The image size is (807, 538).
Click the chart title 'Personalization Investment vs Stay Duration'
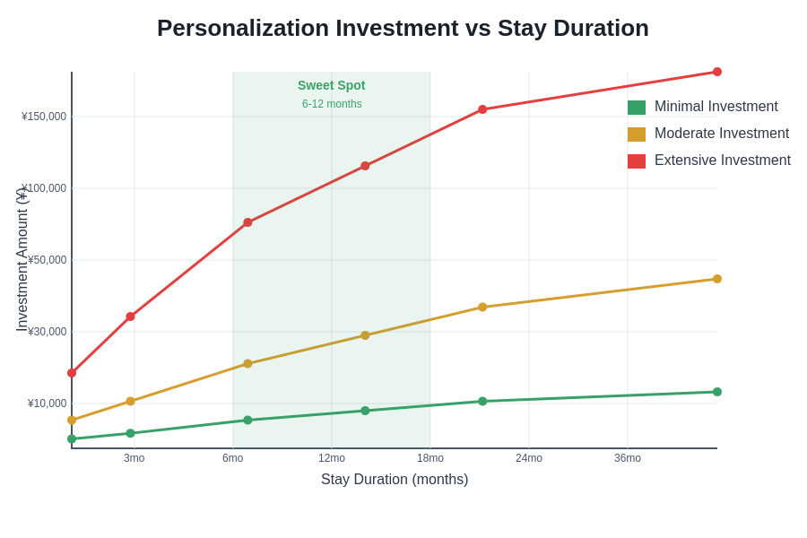point(403,28)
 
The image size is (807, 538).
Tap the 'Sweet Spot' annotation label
point(332,85)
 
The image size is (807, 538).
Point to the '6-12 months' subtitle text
point(332,104)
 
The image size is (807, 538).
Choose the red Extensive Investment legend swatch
point(637,161)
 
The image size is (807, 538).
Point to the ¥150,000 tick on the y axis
point(44,117)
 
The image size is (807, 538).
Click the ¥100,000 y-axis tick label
point(44,188)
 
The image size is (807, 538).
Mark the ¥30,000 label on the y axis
point(47,332)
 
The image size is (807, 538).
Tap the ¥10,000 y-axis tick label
point(47,403)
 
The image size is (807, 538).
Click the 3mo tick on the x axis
point(134,458)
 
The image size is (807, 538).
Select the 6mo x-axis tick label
point(233,458)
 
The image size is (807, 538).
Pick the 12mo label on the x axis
point(332,458)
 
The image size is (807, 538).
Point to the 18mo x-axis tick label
point(430,458)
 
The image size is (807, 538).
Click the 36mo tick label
point(628,458)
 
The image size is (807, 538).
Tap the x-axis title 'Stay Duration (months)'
point(395,480)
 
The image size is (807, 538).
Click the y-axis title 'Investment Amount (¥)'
point(22,260)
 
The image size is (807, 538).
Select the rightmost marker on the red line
point(717,72)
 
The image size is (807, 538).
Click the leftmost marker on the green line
point(72,439)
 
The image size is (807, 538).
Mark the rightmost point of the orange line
point(717,279)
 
